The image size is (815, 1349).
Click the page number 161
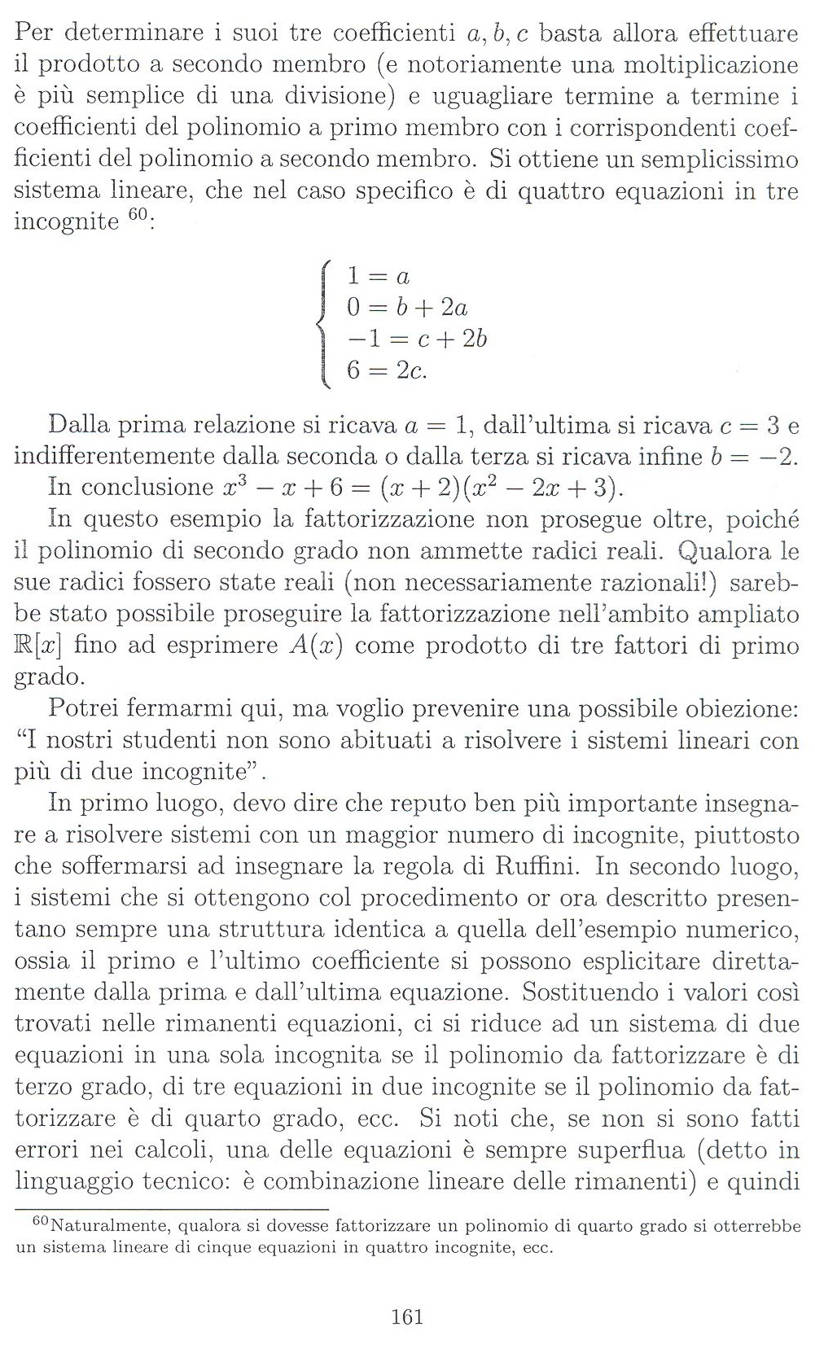point(407,1316)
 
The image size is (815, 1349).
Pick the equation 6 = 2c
point(387,370)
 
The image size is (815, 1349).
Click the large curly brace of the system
point(325,323)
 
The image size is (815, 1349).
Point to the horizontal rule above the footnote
point(171,1210)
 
